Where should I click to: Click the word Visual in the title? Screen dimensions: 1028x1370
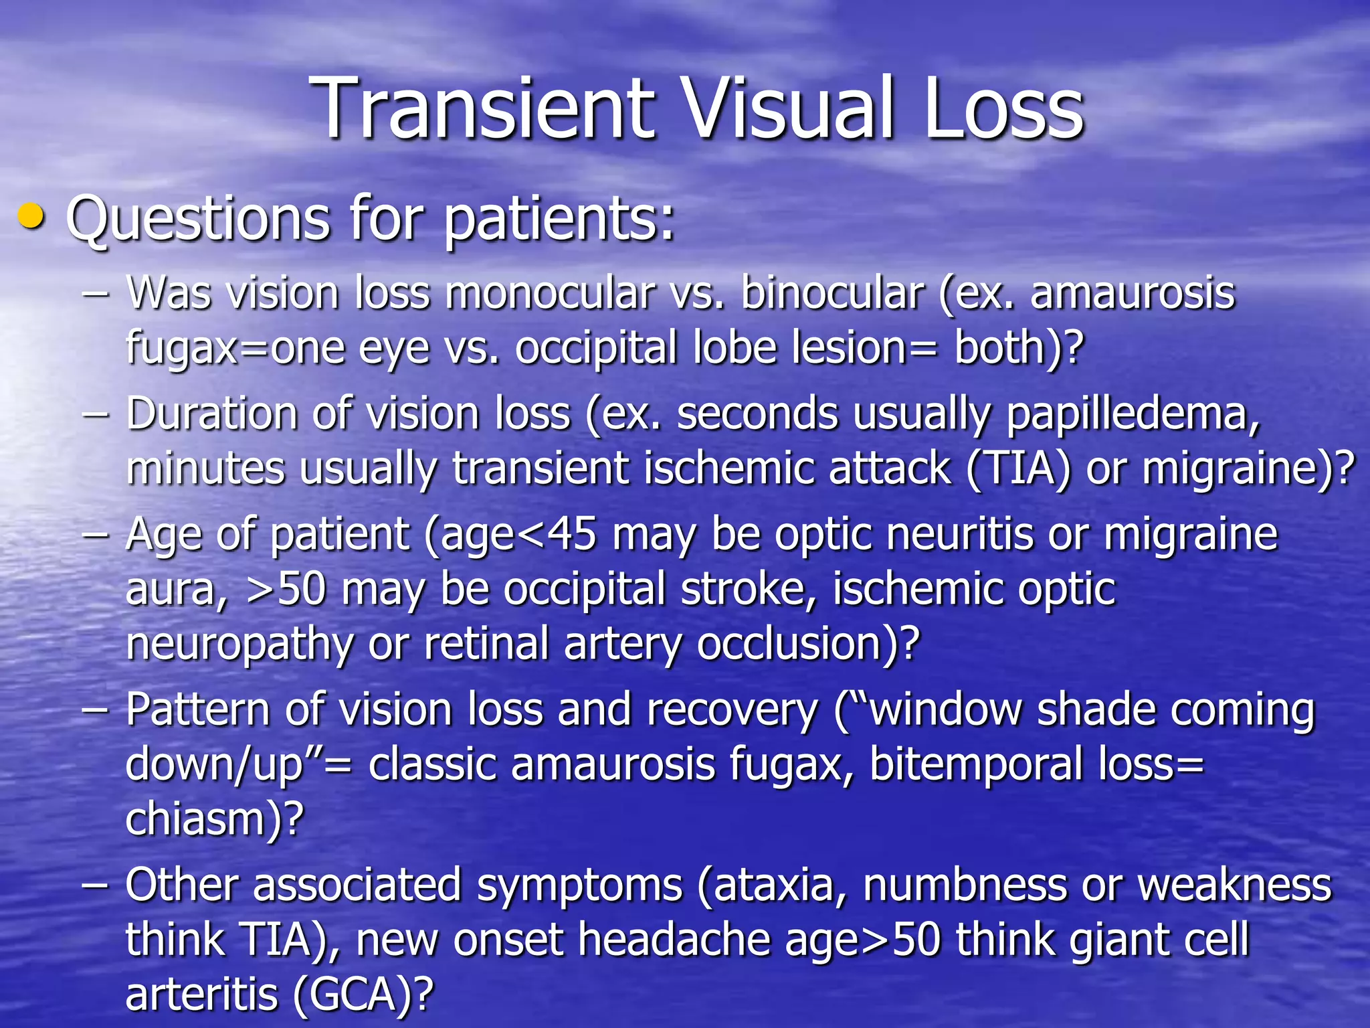click(789, 108)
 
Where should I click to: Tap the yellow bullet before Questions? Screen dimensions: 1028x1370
click(31, 218)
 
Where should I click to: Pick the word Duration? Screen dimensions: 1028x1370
click(212, 414)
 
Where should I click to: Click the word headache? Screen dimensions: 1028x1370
click(673, 940)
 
